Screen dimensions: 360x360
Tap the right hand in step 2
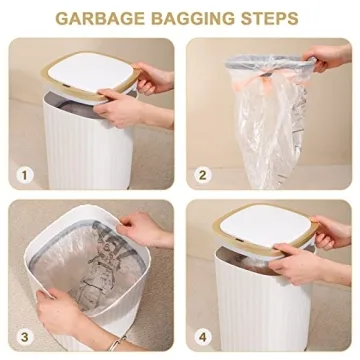[x=330, y=58]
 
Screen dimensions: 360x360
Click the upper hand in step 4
[x=330, y=230]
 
